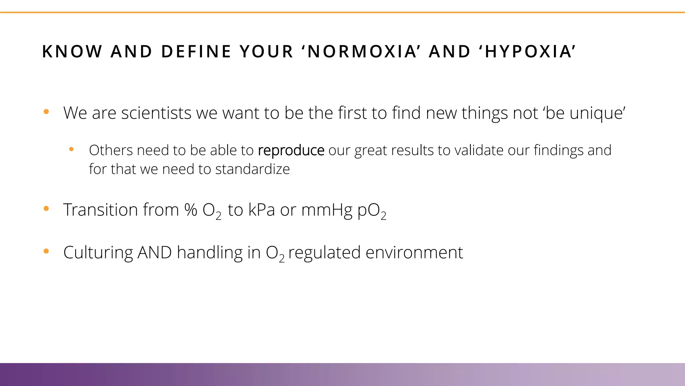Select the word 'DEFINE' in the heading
pyautogui.click(x=196, y=52)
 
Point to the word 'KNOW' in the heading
pyautogui.click(x=72, y=52)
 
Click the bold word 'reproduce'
pyautogui.click(x=291, y=150)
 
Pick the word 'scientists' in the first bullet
pyautogui.click(x=157, y=113)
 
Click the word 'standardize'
pyautogui.click(x=252, y=169)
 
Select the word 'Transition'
pyautogui.click(x=100, y=210)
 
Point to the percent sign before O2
pyautogui.click(x=191, y=210)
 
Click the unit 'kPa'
pyautogui.click(x=261, y=210)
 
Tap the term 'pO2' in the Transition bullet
pyautogui.click(x=372, y=211)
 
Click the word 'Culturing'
pyautogui.click(x=98, y=253)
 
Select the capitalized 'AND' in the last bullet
pyautogui.click(x=155, y=253)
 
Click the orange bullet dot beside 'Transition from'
pyautogui.click(x=46, y=209)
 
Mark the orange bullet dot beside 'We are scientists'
pyautogui.click(x=46, y=112)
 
